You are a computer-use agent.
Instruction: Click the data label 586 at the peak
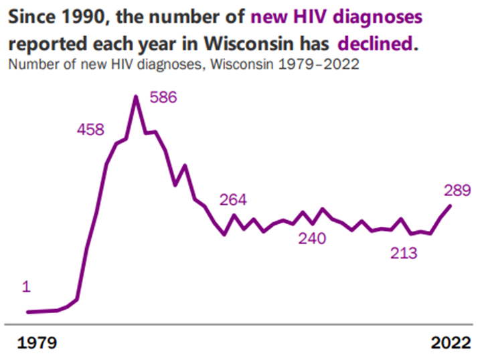point(163,98)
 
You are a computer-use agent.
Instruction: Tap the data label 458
point(90,130)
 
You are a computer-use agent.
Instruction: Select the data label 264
point(233,199)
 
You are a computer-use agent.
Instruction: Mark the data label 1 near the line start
point(26,287)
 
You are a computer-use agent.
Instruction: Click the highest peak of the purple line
point(136,97)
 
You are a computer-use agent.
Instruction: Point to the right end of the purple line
point(450,206)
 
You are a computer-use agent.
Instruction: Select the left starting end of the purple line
point(27,312)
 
